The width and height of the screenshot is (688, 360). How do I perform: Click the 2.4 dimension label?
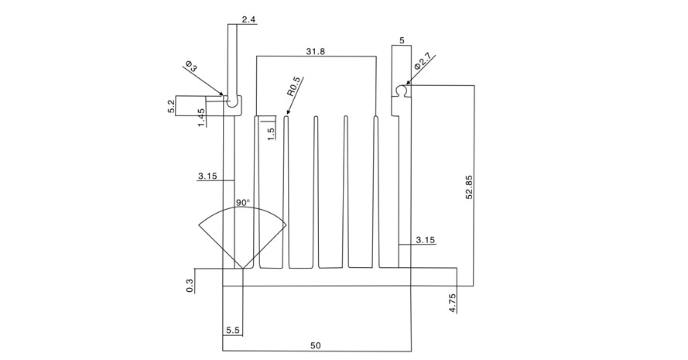(x=248, y=19)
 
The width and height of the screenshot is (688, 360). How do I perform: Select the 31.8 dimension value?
(x=316, y=51)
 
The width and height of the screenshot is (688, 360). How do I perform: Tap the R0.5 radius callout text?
(x=293, y=87)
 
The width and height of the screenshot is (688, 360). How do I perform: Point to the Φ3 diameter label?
(x=192, y=67)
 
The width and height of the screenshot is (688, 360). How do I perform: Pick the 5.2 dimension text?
(x=171, y=106)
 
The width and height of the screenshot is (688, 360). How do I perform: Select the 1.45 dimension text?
(x=201, y=118)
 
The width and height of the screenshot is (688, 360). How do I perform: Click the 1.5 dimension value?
(x=271, y=133)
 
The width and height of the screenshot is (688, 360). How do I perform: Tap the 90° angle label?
(x=243, y=202)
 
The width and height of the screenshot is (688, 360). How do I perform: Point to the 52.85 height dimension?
(x=469, y=187)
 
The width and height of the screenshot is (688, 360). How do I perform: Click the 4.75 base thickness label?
(x=453, y=303)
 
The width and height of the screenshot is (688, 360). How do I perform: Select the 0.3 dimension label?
(x=190, y=286)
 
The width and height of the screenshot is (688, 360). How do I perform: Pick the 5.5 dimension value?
(x=233, y=330)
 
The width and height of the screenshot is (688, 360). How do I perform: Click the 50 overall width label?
(x=316, y=345)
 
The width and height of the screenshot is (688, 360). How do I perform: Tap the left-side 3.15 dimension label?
(x=207, y=176)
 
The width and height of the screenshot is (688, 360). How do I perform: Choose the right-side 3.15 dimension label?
(x=425, y=240)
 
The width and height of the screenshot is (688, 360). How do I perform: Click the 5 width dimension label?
(x=402, y=40)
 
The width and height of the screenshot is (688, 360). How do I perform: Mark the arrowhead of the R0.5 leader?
(x=287, y=113)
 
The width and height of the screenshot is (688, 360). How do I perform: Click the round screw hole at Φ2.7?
(x=401, y=90)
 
